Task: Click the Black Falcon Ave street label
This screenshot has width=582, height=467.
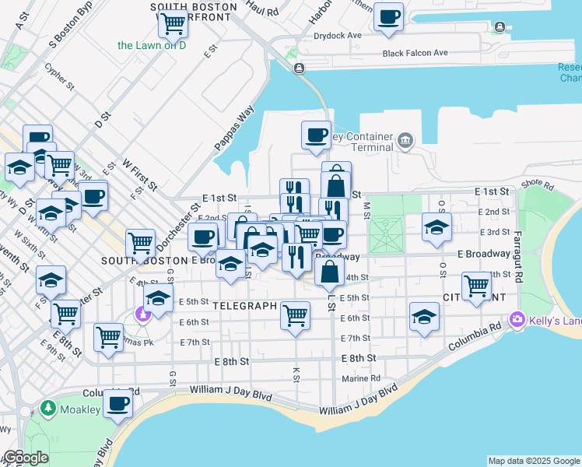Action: (x=415, y=53)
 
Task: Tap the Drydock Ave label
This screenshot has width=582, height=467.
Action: (x=337, y=35)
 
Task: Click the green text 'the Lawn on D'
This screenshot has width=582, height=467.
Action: (x=152, y=45)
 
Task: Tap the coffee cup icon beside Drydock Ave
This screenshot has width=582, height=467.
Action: (x=388, y=16)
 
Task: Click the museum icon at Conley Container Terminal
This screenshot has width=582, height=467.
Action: (x=405, y=140)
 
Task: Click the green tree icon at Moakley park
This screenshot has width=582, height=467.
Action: (x=47, y=408)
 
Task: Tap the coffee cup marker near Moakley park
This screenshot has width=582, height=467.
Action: (x=118, y=404)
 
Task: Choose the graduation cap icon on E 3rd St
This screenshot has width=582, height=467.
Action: (x=436, y=226)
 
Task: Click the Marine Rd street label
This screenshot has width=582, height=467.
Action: (x=361, y=379)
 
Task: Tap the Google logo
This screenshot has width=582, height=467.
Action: (x=26, y=458)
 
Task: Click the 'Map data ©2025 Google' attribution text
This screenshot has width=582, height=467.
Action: (x=534, y=461)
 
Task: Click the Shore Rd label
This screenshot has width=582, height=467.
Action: (x=537, y=184)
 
